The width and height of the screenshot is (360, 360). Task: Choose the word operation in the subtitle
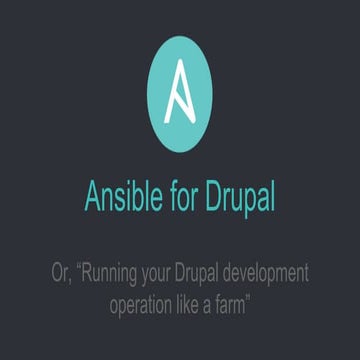144,303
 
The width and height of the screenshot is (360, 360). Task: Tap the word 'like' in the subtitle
194,301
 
